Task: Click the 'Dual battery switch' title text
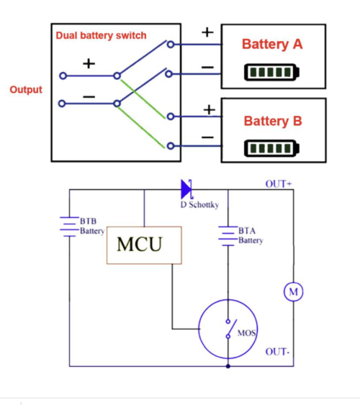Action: coord(101,35)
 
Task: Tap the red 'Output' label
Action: coord(26,90)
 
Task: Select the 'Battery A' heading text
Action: coord(272,44)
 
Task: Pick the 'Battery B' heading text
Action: coord(273,121)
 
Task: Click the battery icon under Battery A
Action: coord(272,72)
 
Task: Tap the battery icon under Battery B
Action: coord(272,148)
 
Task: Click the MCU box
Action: coord(144,245)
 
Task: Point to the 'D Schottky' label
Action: coord(199,205)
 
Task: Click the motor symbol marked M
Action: coord(293,292)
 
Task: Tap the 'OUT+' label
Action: coord(279,184)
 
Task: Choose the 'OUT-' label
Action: coord(277,352)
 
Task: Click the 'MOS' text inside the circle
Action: coord(247,333)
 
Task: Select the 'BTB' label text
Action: coord(88,221)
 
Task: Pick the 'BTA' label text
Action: coord(247,230)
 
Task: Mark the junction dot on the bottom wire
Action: coord(228,366)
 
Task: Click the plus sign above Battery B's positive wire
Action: coord(210,110)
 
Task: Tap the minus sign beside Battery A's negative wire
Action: coord(207,68)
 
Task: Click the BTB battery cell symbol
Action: coord(69,227)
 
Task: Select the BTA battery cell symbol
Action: coord(228,236)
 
